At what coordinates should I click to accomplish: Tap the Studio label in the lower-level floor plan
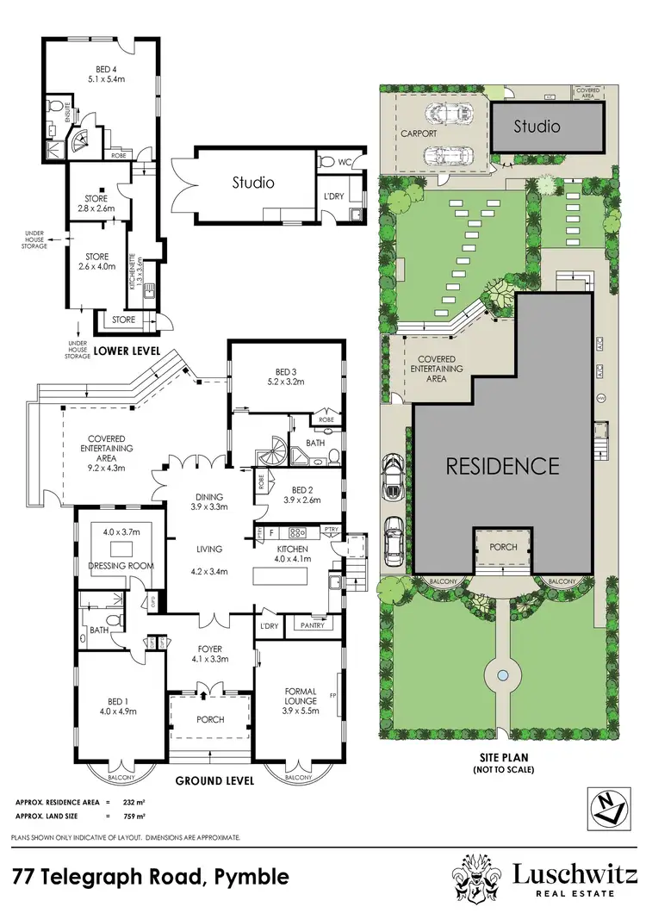pos(252,183)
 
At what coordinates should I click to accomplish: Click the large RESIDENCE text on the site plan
pos(502,466)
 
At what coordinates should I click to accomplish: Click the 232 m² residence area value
pos(133,803)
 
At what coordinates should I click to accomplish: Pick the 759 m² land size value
pos(133,816)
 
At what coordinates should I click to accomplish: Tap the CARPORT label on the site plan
pos(419,134)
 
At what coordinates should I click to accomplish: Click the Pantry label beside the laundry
pos(313,625)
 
